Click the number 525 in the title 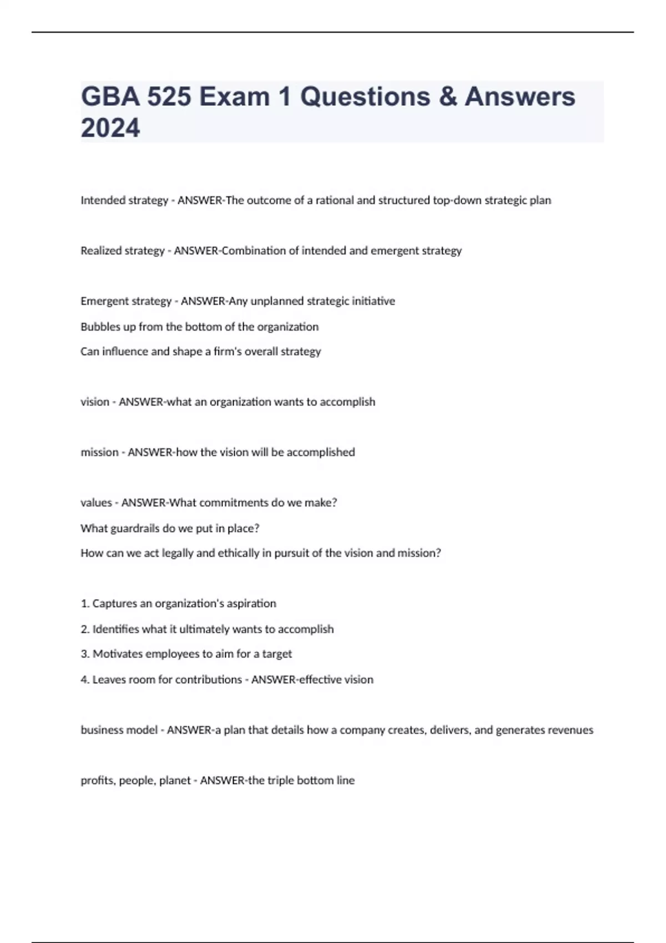[169, 97]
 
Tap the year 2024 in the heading [110, 128]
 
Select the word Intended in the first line [101, 200]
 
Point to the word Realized [100, 251]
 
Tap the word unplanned [276, 301]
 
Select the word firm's [229, 352]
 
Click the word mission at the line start [99, 453]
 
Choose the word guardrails [135, 529]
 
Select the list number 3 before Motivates [84, 654]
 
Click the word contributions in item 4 [208, 680]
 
